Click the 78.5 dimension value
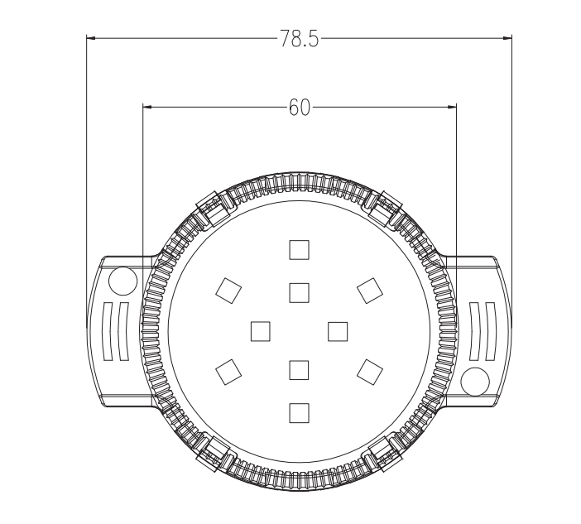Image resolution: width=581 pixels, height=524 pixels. (x=299, y=39)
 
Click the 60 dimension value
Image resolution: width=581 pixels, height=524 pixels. (x=300, y=108)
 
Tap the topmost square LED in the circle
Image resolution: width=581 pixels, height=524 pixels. (x=299, y=250)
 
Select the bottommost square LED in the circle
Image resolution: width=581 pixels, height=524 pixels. (x=299, y=413)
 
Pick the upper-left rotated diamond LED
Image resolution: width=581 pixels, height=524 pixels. (x=228, y=291)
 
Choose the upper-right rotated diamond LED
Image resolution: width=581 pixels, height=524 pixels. (x=370, y=291)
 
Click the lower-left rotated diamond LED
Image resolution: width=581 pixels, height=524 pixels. (x=228, y=372)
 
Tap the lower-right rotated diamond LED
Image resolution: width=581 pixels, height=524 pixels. (x=370, y=372)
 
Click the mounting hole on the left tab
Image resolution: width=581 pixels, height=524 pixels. (x=123, y=281)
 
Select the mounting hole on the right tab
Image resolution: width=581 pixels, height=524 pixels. (x=475, y=382)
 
